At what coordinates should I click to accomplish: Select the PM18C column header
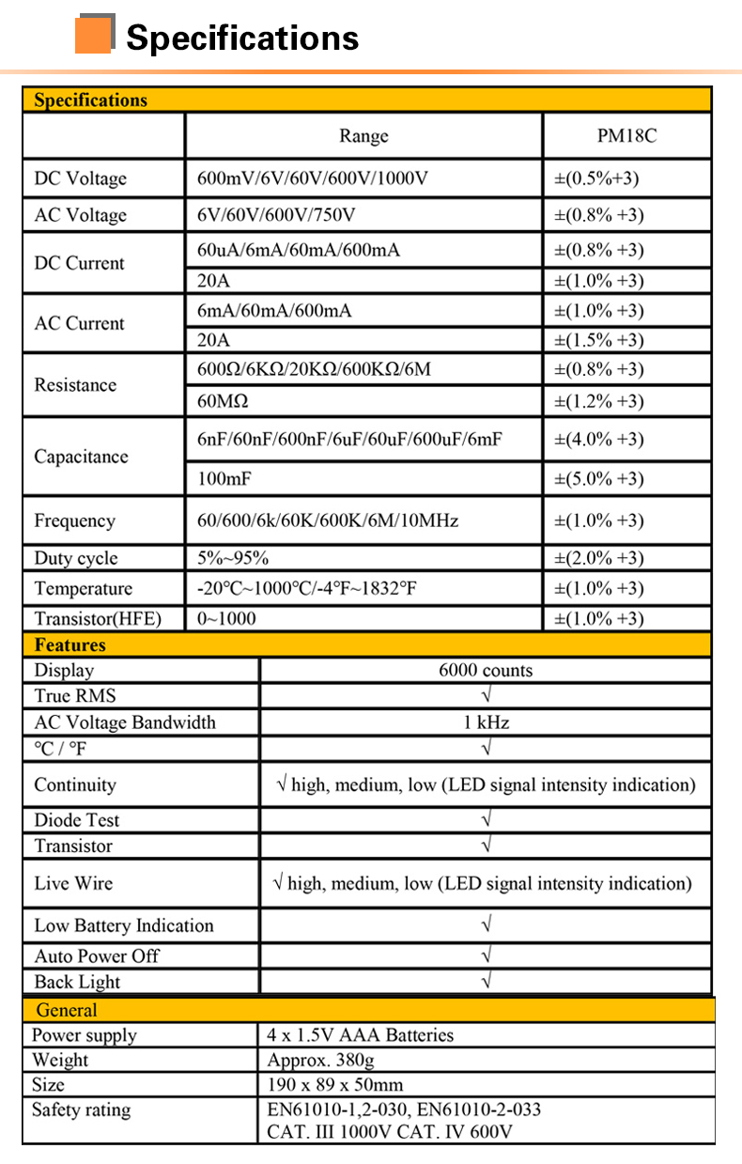pos(626,136)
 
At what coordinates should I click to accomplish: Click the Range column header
pos(363,136)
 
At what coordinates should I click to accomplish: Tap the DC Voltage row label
pos(80,178)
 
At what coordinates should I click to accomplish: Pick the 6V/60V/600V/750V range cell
pos(276,215)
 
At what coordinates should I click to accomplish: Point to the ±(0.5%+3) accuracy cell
pos(597,178)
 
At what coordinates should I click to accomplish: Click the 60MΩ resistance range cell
pos(223,401)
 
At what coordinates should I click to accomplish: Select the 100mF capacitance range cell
pos(224,479)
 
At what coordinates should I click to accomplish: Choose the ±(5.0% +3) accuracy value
pos(599,479)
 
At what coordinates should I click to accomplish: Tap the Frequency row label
pos(74,520)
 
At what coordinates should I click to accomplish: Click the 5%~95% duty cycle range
pos(233,558)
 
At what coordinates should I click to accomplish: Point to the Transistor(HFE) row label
pos(98,618)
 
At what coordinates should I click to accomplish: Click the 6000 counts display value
pos(486,671)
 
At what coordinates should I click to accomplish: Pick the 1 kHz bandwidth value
pos(486,722)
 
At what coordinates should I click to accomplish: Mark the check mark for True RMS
pos(486,696)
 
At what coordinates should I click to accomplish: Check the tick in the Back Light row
pos(486,982)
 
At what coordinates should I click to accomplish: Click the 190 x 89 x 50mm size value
pos(335,1085)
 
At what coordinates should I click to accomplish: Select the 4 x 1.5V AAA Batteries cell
pos(361,1035)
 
